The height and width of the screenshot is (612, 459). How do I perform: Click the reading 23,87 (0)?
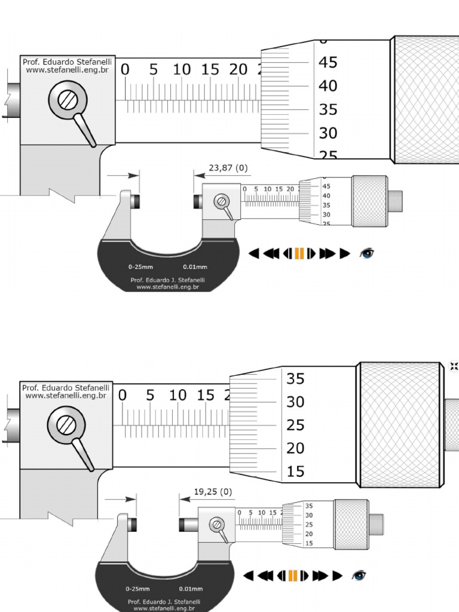point(228,168)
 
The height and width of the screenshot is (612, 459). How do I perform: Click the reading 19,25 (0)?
point(213,492)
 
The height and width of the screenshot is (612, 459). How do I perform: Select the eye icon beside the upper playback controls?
point(366,253)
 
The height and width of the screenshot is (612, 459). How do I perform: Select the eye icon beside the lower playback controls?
point(359,576)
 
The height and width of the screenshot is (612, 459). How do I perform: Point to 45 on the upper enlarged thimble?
point(328,63)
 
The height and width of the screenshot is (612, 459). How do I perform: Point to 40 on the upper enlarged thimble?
point(328,86)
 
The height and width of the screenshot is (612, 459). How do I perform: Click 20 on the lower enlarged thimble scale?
point(295,448)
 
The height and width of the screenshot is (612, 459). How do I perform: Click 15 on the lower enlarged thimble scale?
point(295,472)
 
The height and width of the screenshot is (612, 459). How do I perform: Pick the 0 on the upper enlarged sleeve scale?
point(125,70)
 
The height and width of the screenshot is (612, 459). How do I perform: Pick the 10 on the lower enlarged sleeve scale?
point(178,396)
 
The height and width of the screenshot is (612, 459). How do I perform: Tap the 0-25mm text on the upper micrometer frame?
point(140,267)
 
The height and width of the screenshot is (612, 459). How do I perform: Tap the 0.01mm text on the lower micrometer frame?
point(191,589)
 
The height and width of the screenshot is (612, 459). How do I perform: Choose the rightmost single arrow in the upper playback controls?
point(344,253)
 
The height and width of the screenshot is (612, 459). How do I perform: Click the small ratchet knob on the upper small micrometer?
point(395,201)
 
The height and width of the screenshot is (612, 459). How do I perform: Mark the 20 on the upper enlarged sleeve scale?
point(238,70)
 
